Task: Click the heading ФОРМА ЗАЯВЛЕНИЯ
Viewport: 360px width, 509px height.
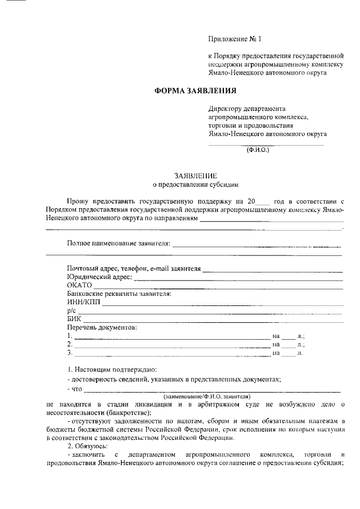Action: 195,91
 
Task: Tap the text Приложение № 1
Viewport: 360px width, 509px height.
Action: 235,39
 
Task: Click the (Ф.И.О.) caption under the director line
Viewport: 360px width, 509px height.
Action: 258,150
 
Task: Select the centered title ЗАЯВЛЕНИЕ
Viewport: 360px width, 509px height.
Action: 195,175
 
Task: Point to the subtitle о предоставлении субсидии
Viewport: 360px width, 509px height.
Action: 196,184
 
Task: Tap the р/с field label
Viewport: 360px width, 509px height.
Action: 71,310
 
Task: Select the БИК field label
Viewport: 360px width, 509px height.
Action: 74,319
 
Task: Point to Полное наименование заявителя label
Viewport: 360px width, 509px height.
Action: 118,244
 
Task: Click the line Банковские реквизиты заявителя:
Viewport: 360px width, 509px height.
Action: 119,294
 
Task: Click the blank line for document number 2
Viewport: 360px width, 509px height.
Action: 172,344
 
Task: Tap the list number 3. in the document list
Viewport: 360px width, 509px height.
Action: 69,353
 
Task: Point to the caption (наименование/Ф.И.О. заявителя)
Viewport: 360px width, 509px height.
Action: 196,397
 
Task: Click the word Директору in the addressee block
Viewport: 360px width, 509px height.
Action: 224,109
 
